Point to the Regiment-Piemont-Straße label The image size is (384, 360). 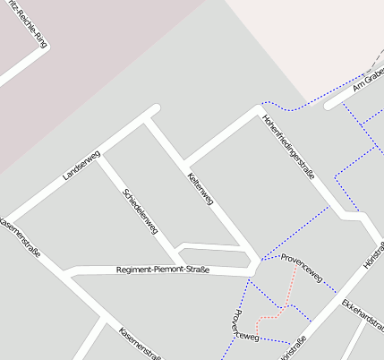point(163,270)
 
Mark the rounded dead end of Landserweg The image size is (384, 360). point(154,109)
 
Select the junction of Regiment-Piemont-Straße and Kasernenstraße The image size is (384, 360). point(68,272)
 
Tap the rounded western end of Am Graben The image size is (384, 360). point(329,106)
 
